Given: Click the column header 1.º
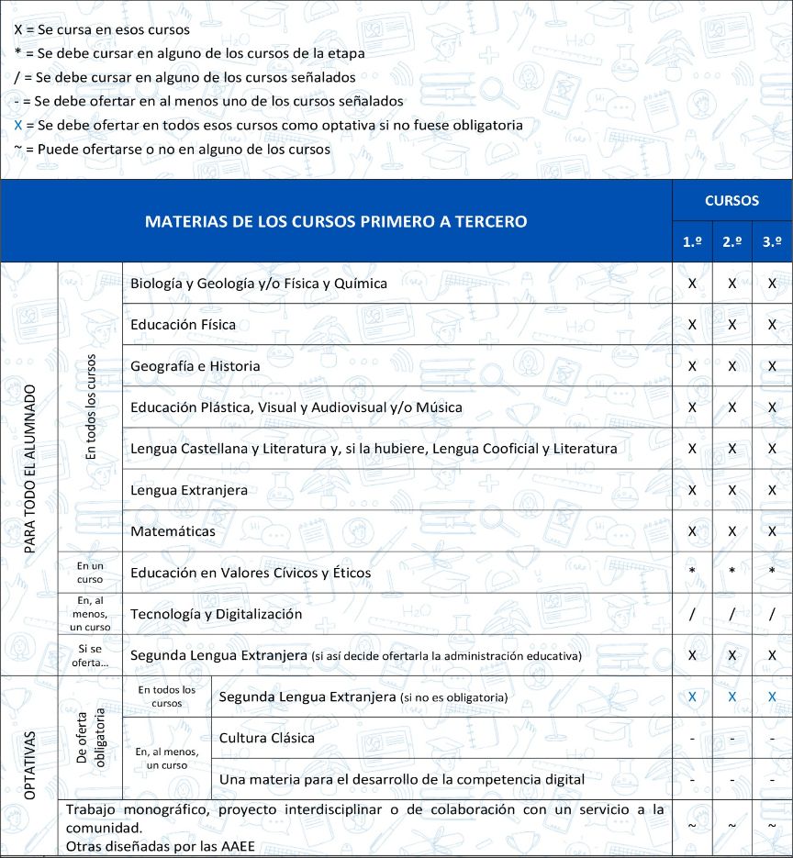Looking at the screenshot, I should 692,242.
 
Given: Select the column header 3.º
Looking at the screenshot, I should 772,242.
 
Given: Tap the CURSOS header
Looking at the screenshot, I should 732,200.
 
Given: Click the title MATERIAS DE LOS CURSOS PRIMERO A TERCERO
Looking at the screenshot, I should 336,221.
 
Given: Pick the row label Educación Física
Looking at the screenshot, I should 183,325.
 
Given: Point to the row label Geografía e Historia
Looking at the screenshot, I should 195,366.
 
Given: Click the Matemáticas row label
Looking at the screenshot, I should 173,531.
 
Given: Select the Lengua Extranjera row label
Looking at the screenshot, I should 189,490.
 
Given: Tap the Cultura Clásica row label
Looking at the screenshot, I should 267,738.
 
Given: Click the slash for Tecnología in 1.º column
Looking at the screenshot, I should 692,614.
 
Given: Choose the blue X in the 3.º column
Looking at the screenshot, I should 772,697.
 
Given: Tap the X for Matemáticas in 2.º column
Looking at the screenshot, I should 732,531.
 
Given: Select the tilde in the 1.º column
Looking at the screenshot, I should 692,826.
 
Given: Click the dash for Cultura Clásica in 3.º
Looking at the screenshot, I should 772,738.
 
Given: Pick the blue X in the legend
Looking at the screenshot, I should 18,125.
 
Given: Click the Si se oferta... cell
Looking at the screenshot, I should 90,655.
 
